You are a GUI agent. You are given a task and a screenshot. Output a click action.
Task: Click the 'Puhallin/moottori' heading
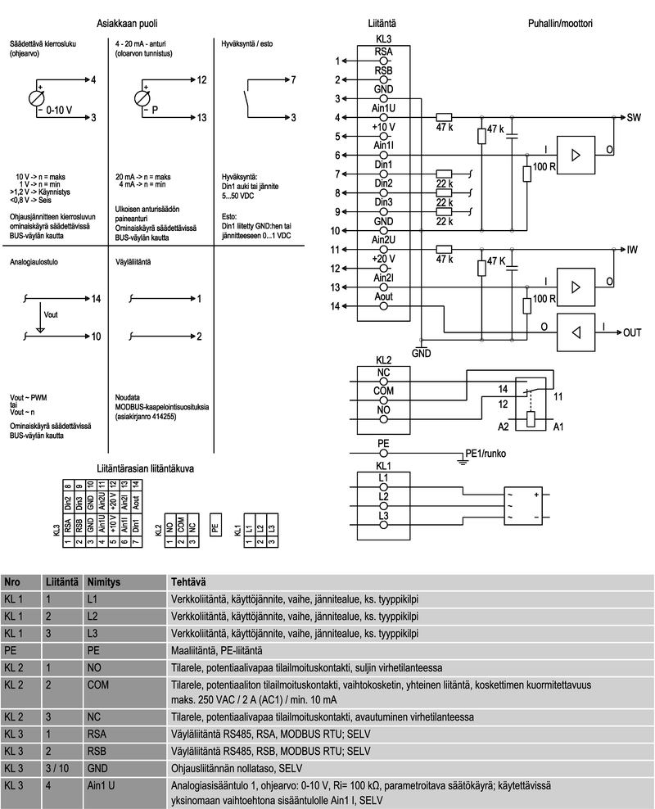click(x=560, y=24)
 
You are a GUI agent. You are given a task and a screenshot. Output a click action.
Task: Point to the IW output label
click(x=632, y=249)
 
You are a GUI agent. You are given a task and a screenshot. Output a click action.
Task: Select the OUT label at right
click(x=632, y=333)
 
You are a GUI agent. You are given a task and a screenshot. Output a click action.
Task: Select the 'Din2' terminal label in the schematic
click(x=383, y=183)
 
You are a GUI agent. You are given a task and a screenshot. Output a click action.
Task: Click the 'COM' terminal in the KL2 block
click(x=383, y=391)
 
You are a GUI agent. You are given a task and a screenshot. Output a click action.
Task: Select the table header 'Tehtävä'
click(x=187, y=582)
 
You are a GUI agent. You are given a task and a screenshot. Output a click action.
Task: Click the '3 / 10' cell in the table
click(x=57, y=768)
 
